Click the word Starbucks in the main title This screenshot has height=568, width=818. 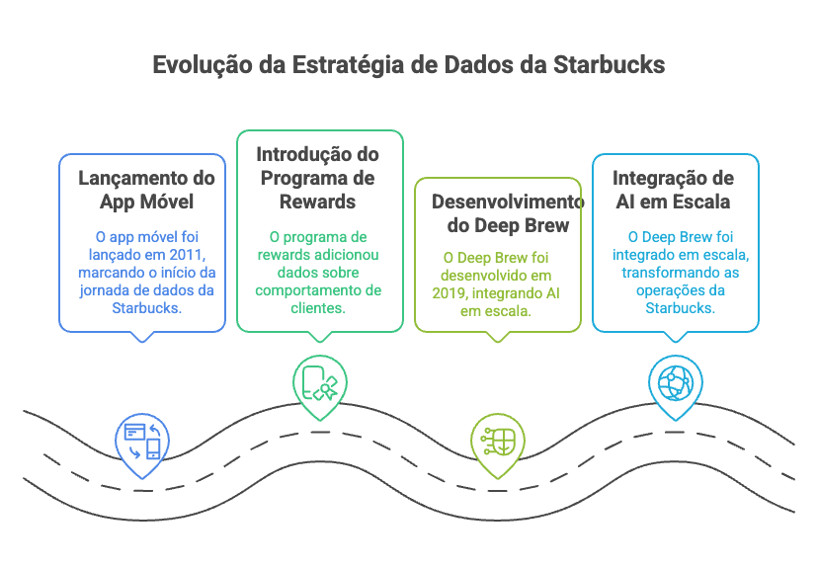(609, 65)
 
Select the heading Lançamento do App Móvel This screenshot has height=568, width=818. (146, 190)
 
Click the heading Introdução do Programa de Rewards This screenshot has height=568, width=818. (317, 178)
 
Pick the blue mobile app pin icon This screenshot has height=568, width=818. (142, 441)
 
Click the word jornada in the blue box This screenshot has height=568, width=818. (105, 290)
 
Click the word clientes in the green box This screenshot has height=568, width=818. (318, 308)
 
